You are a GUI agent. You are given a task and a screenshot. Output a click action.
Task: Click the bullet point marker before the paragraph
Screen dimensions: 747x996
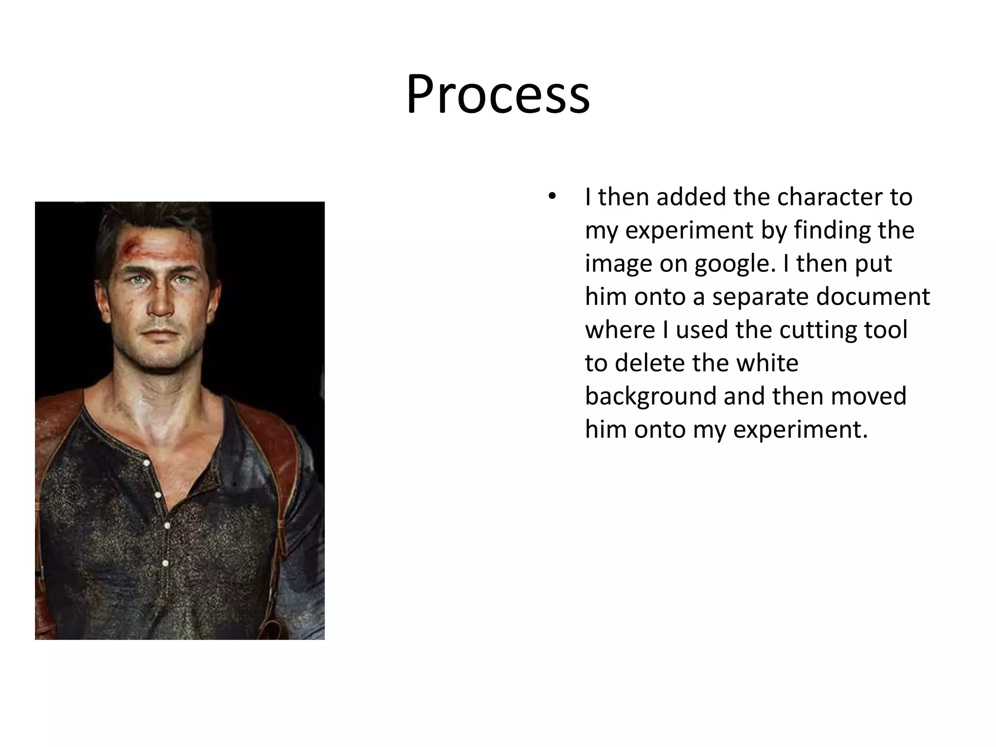pos(551,197)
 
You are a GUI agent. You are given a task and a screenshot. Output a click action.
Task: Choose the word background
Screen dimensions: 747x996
pos(650,396)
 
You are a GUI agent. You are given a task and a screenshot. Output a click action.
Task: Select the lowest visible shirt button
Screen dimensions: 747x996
pos(165,563)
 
